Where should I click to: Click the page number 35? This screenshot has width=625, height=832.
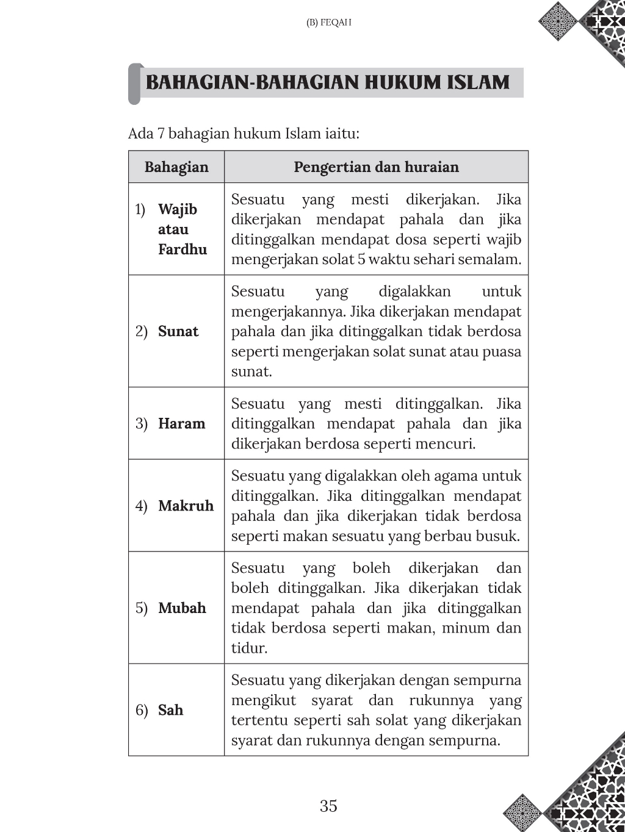(328, 806)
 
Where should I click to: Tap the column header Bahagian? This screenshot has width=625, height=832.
(176, 167)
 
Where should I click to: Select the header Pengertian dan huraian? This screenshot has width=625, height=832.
(376, 167)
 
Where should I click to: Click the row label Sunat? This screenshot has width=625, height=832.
(178, 331)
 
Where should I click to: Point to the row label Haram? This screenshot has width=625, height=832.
(181, 423)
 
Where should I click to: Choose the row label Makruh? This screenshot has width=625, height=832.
(186, 506)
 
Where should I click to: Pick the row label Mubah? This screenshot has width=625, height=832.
(182, 608)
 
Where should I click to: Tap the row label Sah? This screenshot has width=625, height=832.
(170, 710)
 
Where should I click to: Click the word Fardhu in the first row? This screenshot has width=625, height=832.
(182, 249)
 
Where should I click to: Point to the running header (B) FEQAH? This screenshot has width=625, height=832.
(328, 23)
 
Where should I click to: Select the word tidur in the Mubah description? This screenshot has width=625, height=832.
(249, 648)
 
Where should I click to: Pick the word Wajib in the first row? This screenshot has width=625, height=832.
(178, 209)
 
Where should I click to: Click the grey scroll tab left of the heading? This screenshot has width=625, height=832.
(134, 84)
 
